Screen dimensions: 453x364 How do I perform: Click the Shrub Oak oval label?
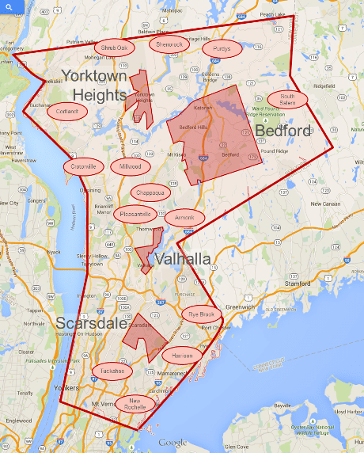point(113,48)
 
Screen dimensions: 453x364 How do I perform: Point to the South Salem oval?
point(286,100)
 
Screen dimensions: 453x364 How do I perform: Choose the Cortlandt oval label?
point(66,112)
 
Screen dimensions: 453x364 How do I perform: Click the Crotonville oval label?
point(82,166)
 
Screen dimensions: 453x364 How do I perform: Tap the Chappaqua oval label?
point(150,192)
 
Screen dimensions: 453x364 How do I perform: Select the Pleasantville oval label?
point(135,214)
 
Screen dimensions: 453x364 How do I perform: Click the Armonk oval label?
point(184,218)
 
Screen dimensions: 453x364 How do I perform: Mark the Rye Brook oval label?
point(201,314)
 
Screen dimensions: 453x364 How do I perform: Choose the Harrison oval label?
point(181,353)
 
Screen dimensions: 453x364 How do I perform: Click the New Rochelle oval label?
point(136,404)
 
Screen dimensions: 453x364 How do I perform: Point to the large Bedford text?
point(282,130)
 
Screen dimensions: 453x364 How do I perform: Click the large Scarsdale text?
point(91,323)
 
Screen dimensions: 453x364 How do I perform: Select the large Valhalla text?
point(182,259)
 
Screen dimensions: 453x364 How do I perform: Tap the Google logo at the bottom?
point(173,443)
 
